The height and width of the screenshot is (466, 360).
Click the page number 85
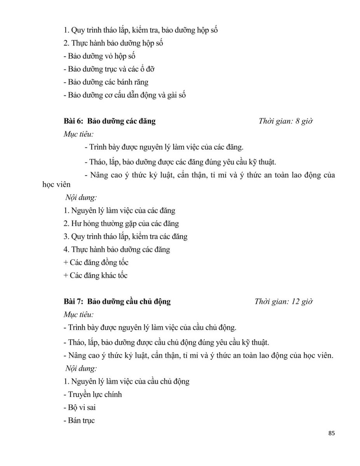point(331,433)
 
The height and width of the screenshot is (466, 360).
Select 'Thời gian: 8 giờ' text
point(285,121)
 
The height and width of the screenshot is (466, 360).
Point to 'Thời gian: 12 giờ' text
point(283,301)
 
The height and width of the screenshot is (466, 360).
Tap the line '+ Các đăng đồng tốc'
point(96,263)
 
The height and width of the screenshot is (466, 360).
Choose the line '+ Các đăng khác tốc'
point(95,276)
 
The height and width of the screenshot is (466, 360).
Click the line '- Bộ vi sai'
point(79,407)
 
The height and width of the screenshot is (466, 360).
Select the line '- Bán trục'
point(79,421)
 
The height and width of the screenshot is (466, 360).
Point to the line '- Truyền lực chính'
point(92,395)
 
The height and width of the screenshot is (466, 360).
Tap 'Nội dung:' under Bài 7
point(81,368)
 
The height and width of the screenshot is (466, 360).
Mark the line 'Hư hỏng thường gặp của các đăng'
point(121,224)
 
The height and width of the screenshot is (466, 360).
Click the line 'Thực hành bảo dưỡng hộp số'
point(113,43)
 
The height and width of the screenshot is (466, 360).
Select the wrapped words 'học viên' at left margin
point(56,185)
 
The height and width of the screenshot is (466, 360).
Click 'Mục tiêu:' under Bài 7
point(79,315)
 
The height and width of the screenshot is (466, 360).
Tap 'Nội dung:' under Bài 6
point(81,198)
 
